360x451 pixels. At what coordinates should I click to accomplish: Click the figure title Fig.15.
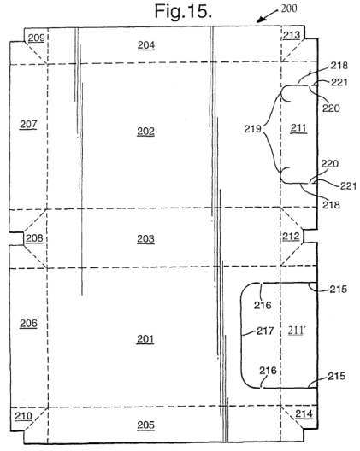[x=183, y=11]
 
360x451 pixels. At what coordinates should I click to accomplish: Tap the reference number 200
[x=289, y=9]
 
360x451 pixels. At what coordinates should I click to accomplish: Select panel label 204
[x=146, y=45]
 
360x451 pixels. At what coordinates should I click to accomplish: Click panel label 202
[x=145, y=132]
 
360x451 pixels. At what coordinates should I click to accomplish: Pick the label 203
[x=145, y=238]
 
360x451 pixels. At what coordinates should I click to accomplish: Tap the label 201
[x=145, y=339]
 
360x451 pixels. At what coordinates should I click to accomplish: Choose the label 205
[x=145, y=425]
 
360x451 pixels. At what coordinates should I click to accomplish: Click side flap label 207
[x=28, y=125]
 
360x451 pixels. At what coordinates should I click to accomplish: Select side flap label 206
[x=28, y=324]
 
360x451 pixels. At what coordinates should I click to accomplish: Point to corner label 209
[x=36, y=38]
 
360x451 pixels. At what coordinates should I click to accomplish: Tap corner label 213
[x=292, y=35]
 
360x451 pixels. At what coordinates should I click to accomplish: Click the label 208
[x=34, y=238]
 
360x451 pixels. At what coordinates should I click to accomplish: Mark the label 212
[x=291, y=237]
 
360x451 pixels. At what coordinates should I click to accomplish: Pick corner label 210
[x=23, y=416]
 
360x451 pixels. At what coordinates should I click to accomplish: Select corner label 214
[x=304, y=414]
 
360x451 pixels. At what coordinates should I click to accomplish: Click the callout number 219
[x=252, y=129]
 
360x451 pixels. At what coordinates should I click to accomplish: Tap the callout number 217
[x=265, y=331]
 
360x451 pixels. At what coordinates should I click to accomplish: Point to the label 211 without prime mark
[x=298, y=128]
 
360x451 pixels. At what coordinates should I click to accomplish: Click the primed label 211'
[x=297, y=331]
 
